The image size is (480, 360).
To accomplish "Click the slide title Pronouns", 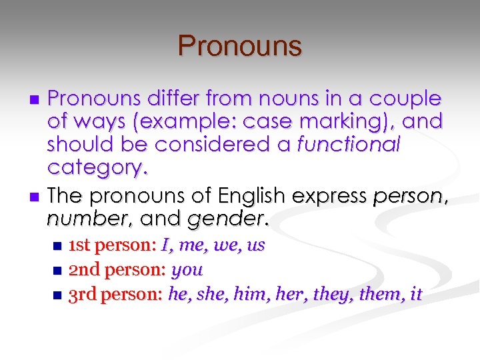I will (x=240, y=46).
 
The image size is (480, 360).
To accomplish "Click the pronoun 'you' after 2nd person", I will (x=187, y=270).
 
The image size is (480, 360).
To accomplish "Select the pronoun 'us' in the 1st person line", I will (x=256, y=246).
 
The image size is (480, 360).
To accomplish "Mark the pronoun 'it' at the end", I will (x=415, y=294).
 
